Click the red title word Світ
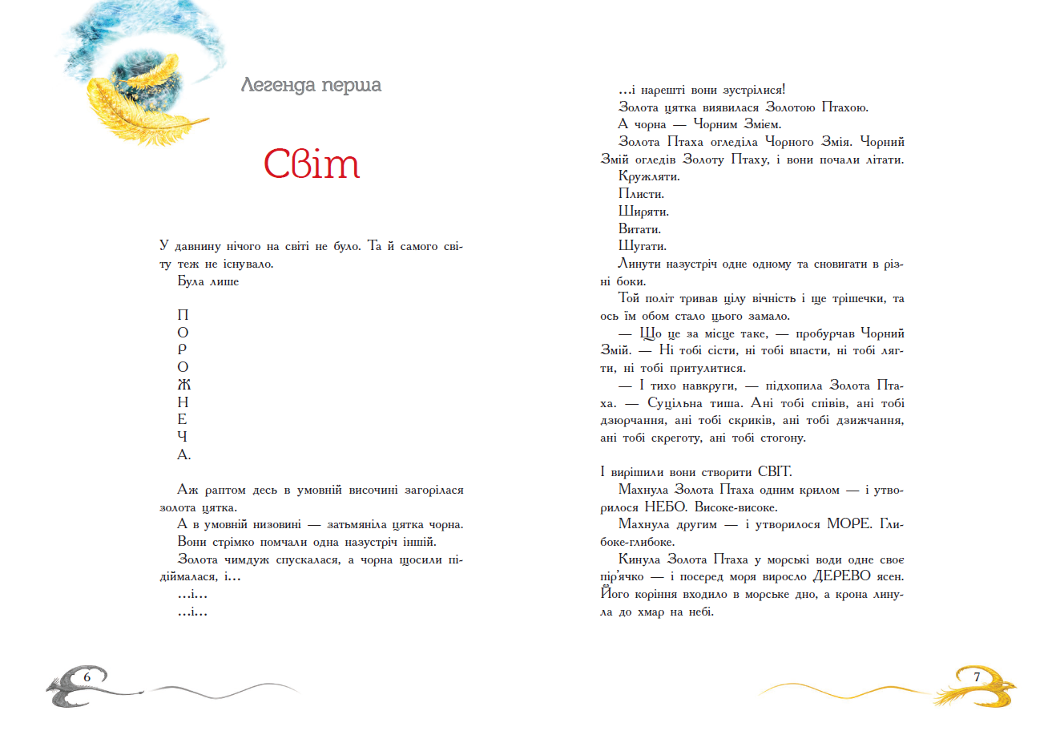(x=312, y=164)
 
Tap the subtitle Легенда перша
(x=311, y=85)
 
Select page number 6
(x=87, y=677)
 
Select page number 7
(x=977, y=677)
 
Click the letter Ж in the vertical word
(x=183, y=385)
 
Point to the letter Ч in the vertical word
(x=183, y=437)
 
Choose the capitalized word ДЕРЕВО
(x=848, y=576)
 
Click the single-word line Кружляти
(x=649, y=176)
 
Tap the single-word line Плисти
(x=641, y=194)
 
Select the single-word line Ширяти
(x=643, y=212)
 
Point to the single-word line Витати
(x=639, y=229)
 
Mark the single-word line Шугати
(x=643, y=246)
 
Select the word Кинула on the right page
(x=639, y=559)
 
